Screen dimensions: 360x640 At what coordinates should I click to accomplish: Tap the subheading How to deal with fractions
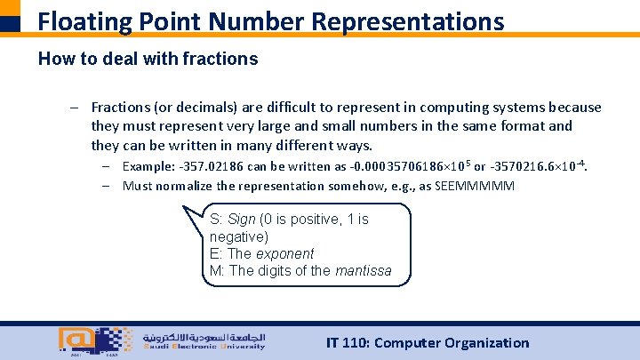coord(148,60)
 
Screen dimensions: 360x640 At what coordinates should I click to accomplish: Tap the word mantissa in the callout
coord(363,270)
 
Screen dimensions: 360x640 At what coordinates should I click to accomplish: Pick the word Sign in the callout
coord(242,219)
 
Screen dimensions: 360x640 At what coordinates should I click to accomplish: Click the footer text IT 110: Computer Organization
coord(428,342)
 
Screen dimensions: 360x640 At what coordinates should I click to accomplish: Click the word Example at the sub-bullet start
coord(148,166)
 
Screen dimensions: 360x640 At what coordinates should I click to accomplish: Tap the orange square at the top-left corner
coord(10,8)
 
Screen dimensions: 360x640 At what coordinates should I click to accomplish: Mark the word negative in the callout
coord(238,236)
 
